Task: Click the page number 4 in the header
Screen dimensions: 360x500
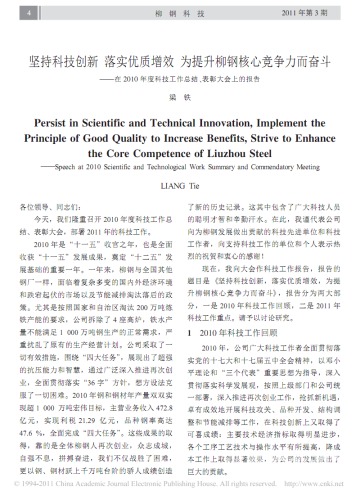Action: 27,11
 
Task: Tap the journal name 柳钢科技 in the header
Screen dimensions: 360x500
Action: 180,11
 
